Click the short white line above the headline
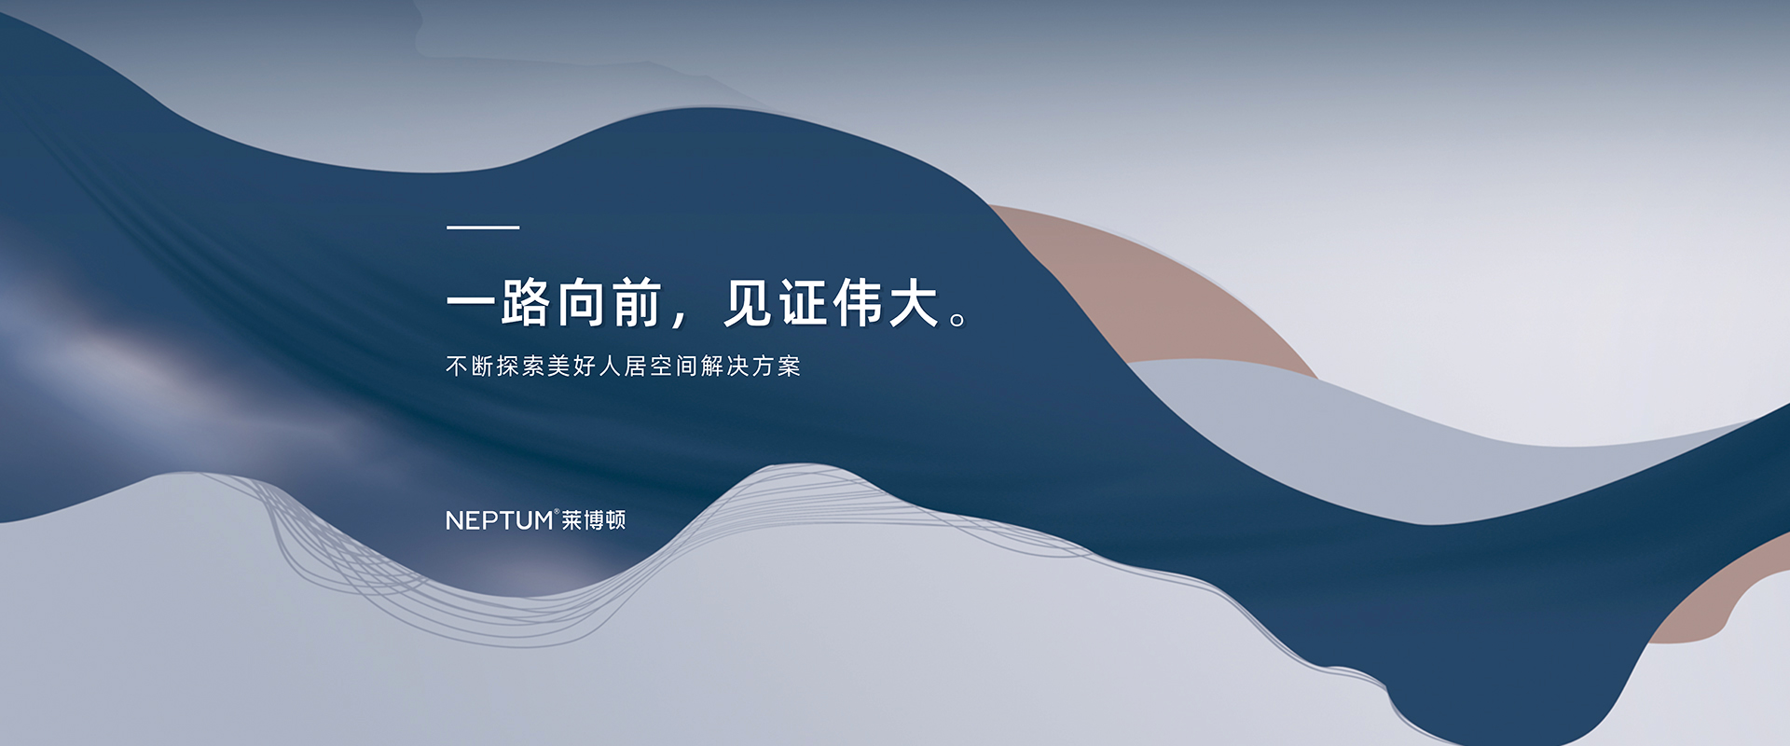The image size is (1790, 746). tap(483, 227)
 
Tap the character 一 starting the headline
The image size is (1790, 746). tap(472, 303)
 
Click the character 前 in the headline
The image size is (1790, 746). tap(638, 303)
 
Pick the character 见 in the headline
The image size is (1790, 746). tap(749, 303)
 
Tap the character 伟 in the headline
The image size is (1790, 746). tap(859, 303)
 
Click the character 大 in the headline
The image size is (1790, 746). tap(914, 303)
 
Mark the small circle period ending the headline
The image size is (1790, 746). tap(957, 320)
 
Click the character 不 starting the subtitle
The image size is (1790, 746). tap(457, 366)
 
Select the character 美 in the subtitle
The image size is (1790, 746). tap(558, 366)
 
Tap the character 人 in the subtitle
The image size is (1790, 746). tap(610, 366)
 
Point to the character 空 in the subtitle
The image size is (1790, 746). tap(661, 366)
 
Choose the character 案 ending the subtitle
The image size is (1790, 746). tap(789, 366)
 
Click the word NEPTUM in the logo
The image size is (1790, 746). tap(500, 520)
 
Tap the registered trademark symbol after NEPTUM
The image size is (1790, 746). tap(557, 511)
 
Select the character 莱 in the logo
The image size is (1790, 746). tap(571, 520)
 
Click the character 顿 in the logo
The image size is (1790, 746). tap(615, 520)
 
